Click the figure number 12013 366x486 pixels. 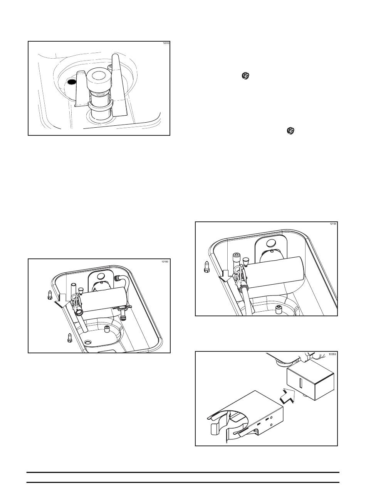pos(166,43)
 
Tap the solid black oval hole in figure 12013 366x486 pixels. pos(71,82)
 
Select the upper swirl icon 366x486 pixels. pos(245,76)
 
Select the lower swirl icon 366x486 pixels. pos(290,131)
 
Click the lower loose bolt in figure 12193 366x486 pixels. pos(70,338)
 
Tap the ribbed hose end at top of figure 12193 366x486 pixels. pos(117,278)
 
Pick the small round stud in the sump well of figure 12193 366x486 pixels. pos(107,329)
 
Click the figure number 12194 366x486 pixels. pos(333,224)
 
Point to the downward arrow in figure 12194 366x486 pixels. pos(225,276)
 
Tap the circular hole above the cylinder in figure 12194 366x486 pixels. pos(271,243)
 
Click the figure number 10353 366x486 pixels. pos(332,354)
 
